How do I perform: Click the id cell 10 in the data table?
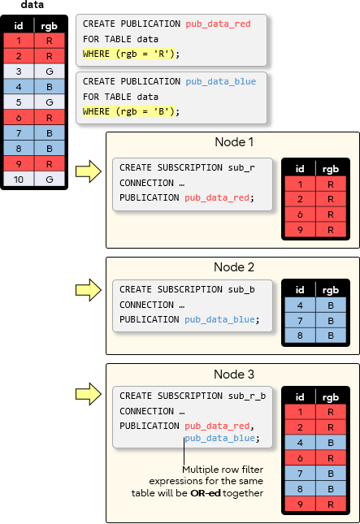(19, 180)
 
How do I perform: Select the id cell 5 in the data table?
(19, 102)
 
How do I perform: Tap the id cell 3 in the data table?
(19, 71)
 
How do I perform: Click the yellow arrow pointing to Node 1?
(89, 171)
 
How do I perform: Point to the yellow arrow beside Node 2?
(89, 290)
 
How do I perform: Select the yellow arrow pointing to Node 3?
(89, 394)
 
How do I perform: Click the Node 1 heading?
(234, 142)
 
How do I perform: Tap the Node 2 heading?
(234, 267)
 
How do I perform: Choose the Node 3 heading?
(234, 375)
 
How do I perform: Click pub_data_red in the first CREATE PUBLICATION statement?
(218, 24)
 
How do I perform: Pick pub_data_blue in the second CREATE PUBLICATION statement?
(220, 81)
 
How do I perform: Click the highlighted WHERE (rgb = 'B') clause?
(131, 111)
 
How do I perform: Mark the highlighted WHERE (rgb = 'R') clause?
(131, 54)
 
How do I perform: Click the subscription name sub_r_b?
(247, 396)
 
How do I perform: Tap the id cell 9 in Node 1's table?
(300, 230)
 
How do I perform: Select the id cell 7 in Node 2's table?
(300, 321)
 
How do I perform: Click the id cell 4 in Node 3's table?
(300, 443)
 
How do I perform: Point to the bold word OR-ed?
(206, 493)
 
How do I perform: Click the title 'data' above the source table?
(33, 5)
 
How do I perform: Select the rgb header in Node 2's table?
(331, 290)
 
